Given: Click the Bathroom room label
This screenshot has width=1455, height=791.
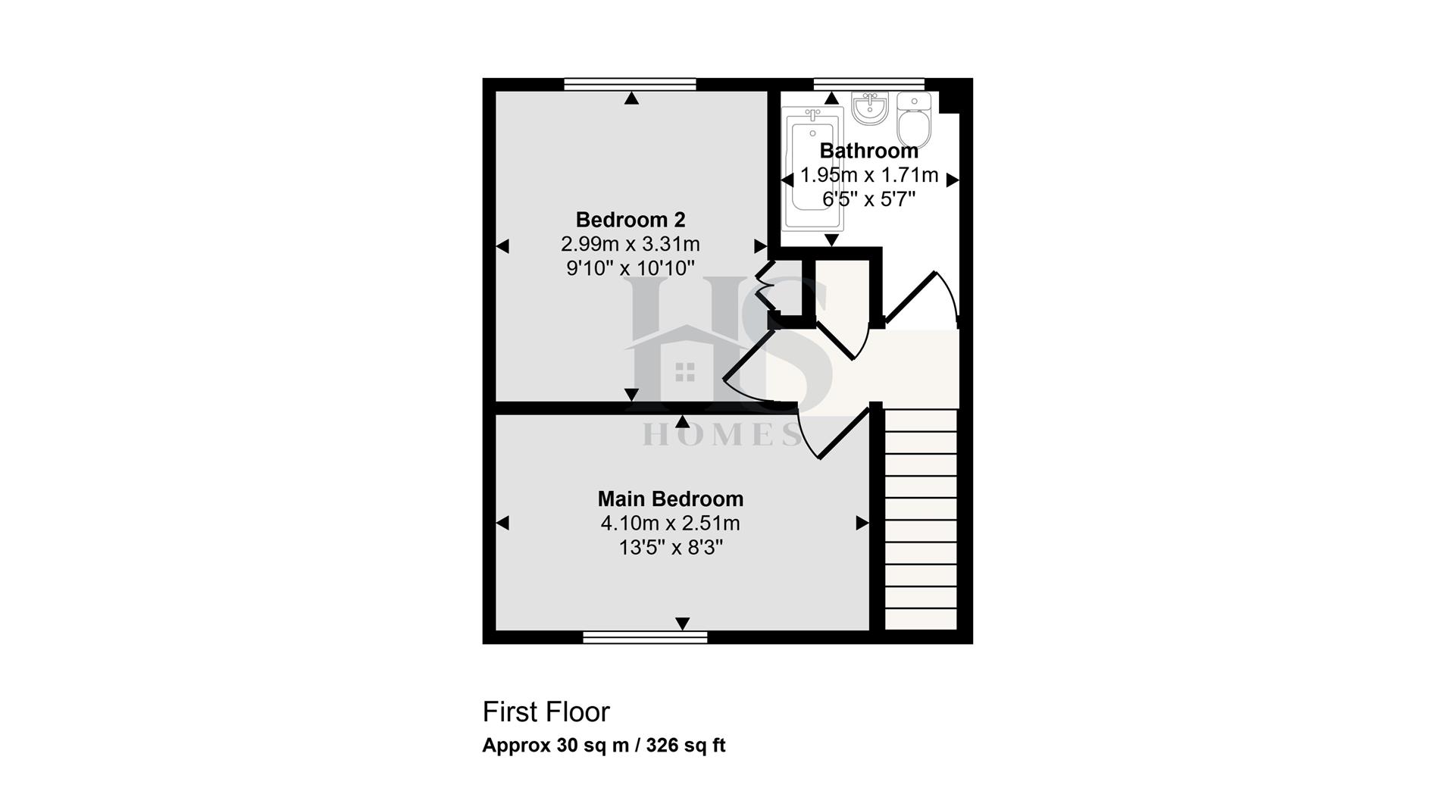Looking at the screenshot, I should tap(868, 151).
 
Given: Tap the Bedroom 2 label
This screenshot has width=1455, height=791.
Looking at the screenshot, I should tap(630, 220).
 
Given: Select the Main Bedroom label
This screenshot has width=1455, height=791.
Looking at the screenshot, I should tap(671, 499).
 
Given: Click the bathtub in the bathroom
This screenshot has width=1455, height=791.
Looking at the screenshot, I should tap(812, 168).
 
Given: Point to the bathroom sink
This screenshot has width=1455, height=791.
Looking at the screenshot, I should tap(869, 108).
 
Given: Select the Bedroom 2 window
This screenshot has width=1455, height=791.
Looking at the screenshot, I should tap(630, 84).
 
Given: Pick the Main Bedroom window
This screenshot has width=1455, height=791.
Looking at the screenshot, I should tap(645, 637).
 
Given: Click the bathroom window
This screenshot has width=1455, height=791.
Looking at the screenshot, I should tap(868, 84).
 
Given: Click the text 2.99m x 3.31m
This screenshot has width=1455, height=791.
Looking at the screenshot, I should tap(630, 244).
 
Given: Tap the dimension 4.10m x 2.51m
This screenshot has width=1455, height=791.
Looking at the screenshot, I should tap(671, 524).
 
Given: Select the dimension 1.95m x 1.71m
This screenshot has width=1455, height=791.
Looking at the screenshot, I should tap(869, 175).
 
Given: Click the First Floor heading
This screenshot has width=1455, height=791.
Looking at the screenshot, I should tap(546, 712).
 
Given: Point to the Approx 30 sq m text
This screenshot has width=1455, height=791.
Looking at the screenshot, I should tap(556, 746).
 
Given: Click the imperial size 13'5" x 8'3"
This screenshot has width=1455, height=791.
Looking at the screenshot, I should tap(671, 548).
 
